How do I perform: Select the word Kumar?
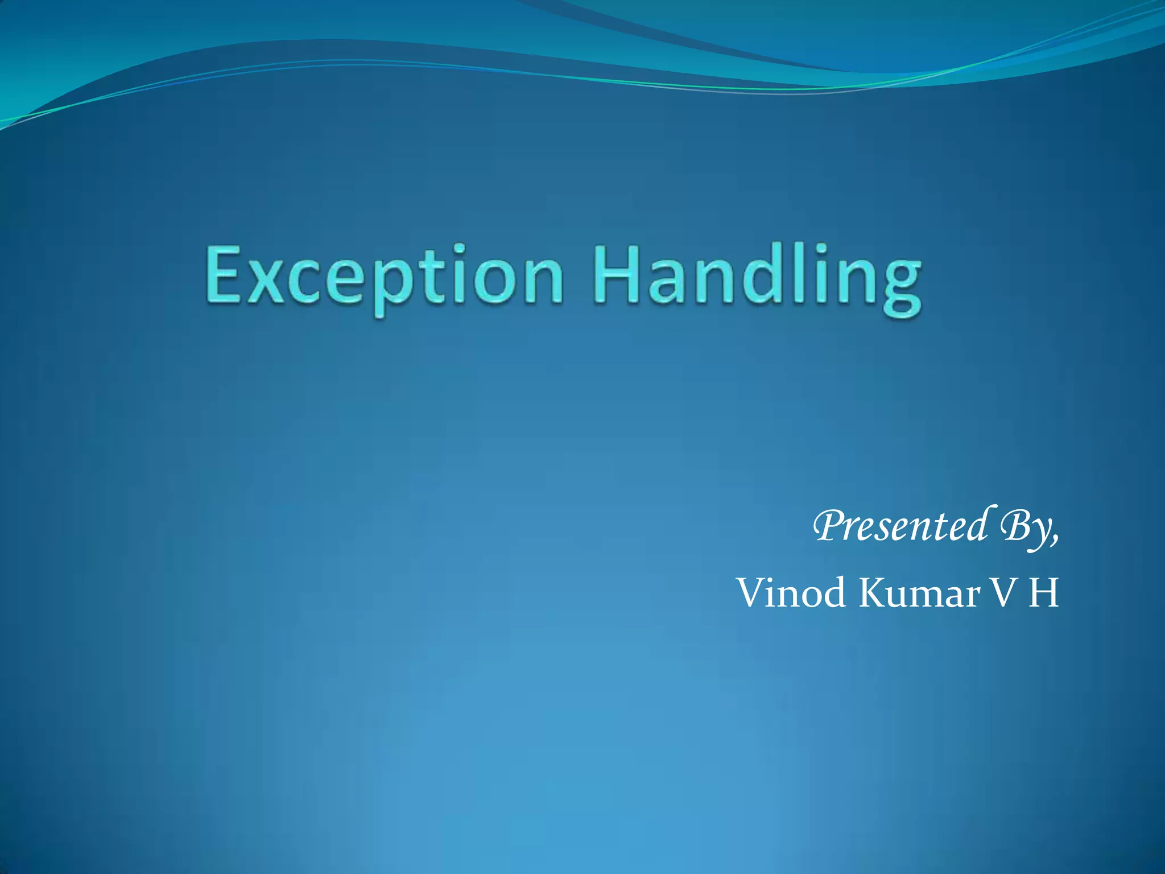[x=919, y=593]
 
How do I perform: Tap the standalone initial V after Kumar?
[x=1005, y=593]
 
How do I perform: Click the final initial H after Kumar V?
[x=1044, y=593]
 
